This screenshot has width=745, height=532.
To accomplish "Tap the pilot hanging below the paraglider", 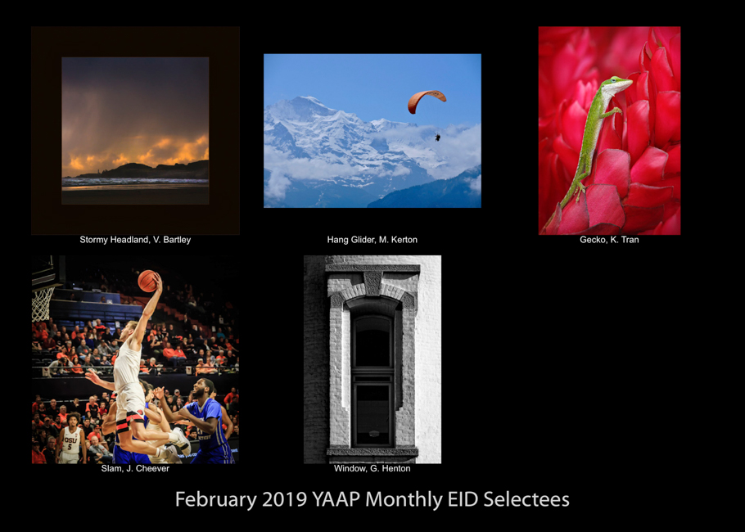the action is tap(437, 138).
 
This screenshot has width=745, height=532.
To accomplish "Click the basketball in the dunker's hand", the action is tap(147, 281).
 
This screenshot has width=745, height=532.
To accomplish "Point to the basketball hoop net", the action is tap(43, 304).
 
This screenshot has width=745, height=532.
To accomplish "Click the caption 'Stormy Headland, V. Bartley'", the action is tap(135, 240).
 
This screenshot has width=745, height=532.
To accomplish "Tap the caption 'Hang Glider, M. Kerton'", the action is tap(372, 240).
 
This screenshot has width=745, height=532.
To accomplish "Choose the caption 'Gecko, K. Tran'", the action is tap(609, 240).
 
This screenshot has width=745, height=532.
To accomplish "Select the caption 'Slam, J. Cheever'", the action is tap(135, 469).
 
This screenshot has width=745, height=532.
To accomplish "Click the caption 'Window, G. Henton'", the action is tap(372, 469).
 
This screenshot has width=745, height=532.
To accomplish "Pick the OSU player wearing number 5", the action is tap(70, 440).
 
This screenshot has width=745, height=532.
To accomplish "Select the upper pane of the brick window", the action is tap(372, 341).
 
